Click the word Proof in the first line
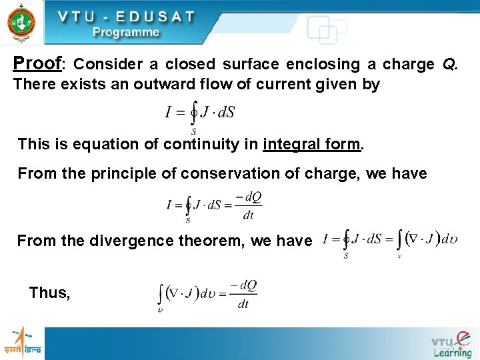pos(37,64)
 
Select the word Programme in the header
pos(126,31)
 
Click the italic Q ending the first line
pos(451,65)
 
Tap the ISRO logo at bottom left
pos(23,343)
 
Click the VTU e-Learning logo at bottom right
pos(451,344)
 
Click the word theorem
pos(215,239)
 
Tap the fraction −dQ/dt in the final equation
pos(243,295)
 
